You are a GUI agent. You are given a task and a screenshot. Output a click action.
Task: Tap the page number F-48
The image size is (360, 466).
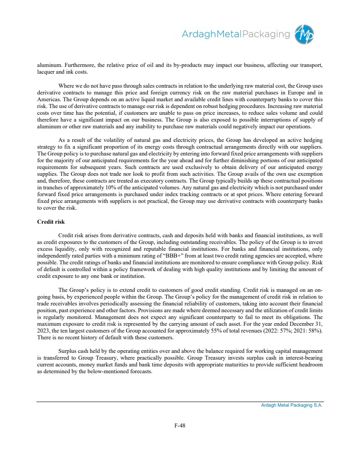180,426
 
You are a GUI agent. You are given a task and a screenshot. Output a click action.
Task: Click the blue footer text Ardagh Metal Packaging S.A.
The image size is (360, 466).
292,405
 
